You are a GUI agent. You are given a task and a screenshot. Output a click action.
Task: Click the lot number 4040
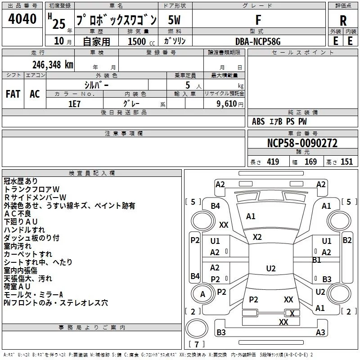(x=22, y=19)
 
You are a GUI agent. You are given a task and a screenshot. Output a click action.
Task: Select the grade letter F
(x=258, y=20)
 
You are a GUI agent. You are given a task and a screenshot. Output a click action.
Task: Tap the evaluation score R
(x=343, y=21)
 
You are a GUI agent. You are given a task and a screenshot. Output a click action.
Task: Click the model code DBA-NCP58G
(x=258, y=41)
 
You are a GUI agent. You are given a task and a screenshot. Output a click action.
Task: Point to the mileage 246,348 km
(x=53, y=65)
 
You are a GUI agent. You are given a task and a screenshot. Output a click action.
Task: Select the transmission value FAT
(x=13, y=94)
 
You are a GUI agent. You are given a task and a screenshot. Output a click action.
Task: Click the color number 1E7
(x=74, y=104)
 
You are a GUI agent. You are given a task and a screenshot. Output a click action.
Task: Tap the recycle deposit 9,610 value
(x=227, y=104)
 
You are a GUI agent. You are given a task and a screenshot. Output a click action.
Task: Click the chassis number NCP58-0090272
(x=302, y=143)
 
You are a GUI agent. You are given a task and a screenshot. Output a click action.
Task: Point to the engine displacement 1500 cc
(x=141, y=42)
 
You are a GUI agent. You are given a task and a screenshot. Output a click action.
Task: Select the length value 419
(x=273, y=162)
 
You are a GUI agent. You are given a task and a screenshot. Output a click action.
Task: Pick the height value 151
(x=346, y=162)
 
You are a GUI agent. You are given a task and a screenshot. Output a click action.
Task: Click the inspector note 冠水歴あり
(x=21, y=181)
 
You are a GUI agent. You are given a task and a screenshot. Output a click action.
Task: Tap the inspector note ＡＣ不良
(x=18, y=214)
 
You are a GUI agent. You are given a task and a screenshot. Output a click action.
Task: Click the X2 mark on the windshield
(x=257, y=237)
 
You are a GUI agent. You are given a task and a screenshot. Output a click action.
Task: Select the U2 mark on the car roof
(x=271, y=268)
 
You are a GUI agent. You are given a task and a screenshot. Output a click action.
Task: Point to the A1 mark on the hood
(x=251, y=216)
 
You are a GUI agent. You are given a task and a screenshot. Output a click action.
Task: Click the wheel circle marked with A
(x=202, y=294)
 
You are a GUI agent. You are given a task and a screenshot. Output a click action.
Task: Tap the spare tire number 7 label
(x=197, y=344)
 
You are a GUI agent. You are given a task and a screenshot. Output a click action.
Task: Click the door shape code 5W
(x=174, y=20)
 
